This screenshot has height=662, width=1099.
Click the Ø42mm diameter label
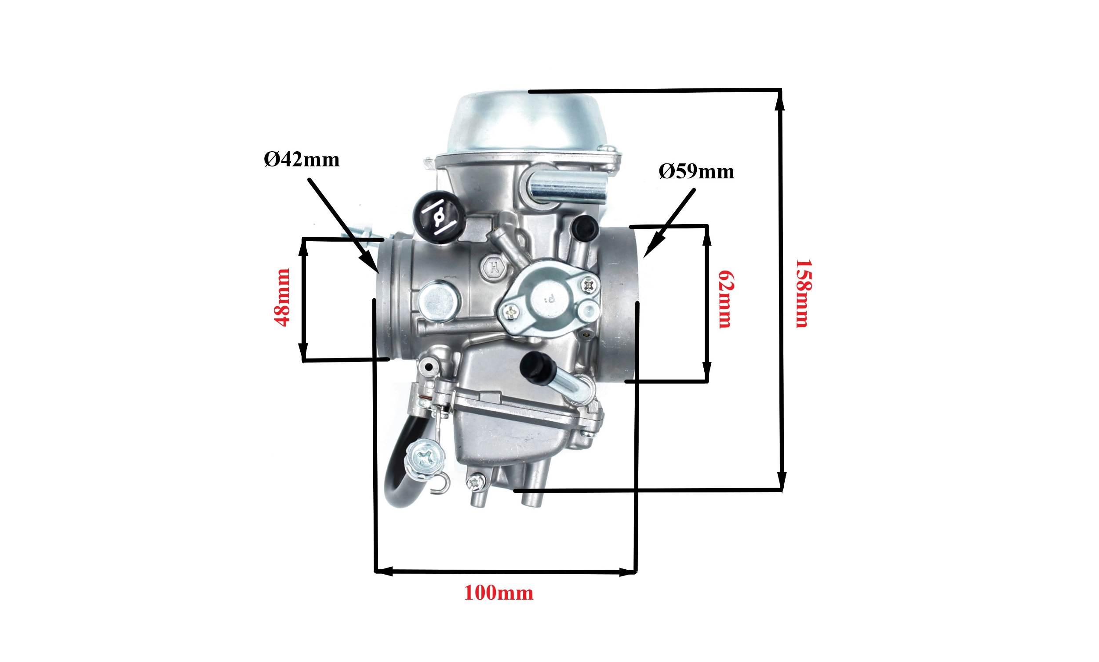click(302, 159)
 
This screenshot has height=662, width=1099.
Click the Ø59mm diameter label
click(697, 172)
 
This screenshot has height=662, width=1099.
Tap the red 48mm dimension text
click(283, 297)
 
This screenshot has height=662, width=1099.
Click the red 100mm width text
click(499, 593)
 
